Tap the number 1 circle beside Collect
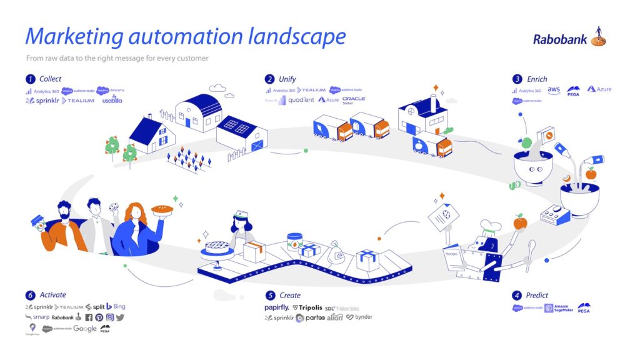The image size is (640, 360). [29, 79]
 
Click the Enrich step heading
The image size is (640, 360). [537, 79]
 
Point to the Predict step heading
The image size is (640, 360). [537, 295]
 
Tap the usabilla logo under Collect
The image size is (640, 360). [113, 100]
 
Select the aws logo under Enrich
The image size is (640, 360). [554, 90]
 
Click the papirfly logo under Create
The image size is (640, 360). [276, 307]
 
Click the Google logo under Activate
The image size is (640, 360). [84, 328]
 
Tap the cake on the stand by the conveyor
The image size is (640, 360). [217, 247]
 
